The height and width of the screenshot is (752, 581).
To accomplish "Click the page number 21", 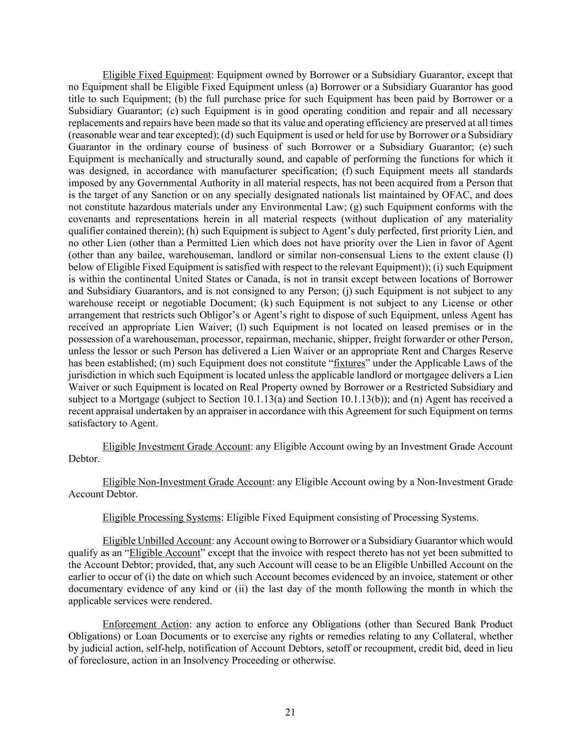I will point(290,712).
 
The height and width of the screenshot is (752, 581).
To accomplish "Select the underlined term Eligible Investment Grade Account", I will point(176,446).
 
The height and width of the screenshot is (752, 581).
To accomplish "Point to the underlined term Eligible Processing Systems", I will point(161,517).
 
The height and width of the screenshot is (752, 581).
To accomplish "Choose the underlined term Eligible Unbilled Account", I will point(157,540).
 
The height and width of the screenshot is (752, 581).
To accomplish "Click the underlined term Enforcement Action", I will point(146,624).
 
